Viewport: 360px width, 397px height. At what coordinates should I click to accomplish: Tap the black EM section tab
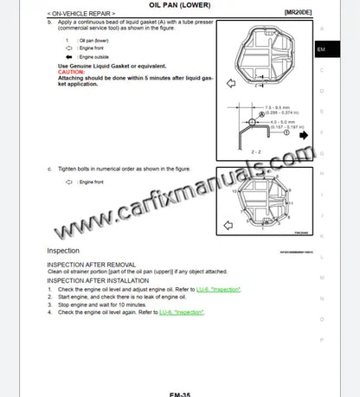click(320, 49)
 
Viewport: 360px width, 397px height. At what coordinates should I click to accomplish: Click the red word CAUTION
click(72, 71)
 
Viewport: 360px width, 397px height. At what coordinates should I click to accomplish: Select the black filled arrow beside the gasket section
click(303, 135)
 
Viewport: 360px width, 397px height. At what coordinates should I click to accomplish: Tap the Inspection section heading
click(64, 251)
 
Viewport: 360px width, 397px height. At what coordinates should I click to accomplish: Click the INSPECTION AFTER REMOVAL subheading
click(91, 264)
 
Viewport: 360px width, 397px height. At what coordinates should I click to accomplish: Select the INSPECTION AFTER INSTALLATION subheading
click(98, 280)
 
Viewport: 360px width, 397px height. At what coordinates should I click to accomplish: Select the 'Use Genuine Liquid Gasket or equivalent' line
click(111, 65)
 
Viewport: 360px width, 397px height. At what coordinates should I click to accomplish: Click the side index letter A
click(320, 29)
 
